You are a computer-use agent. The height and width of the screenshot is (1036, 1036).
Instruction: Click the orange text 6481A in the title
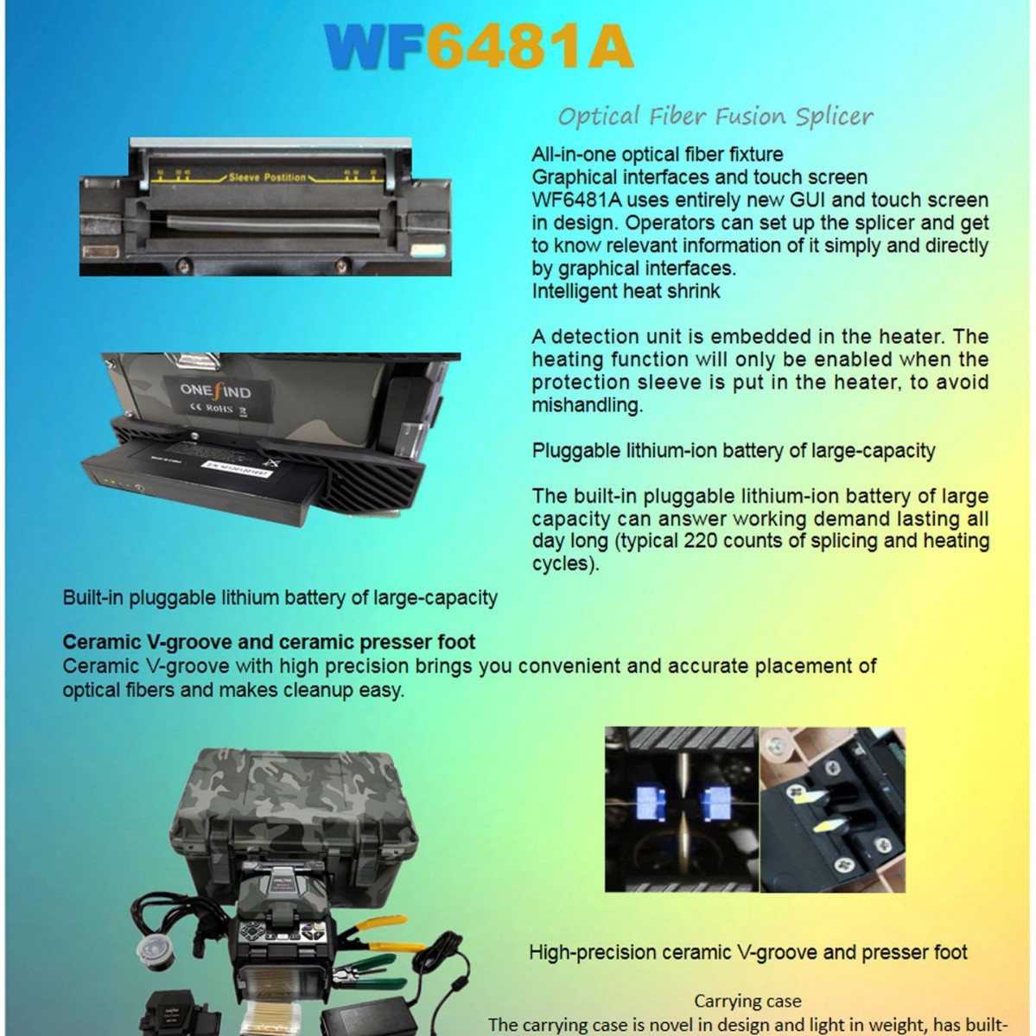pos(530,47)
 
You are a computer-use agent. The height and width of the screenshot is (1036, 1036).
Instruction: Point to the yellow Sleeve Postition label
pos(267,177)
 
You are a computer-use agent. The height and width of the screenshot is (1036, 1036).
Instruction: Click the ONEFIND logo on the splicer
pos(215,391)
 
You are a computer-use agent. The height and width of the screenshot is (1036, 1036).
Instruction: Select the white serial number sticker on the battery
pos(237,468)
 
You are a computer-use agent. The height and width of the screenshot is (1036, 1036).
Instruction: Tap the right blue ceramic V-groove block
pos(716,802)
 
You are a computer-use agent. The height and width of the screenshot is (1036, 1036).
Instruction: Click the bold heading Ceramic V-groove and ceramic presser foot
pos(269,643)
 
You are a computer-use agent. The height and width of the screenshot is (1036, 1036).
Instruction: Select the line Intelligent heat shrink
pos(626,291)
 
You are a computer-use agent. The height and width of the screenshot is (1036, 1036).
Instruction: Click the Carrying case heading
pos(747,1001)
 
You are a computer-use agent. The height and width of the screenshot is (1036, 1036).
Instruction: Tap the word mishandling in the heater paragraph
pos(587,405)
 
